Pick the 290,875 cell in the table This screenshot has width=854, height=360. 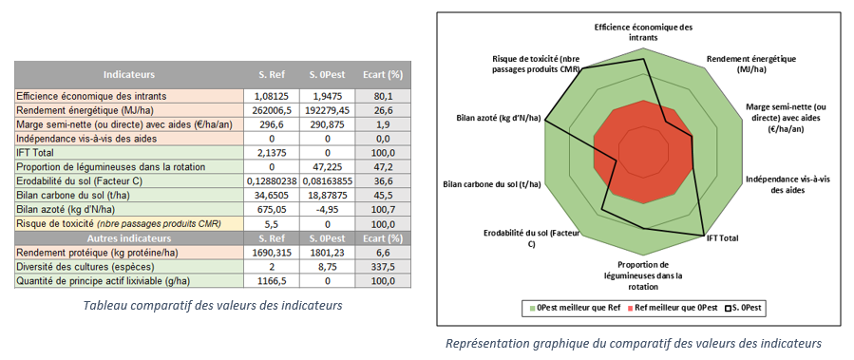click(326, 123)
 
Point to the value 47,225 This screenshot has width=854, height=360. click(326, 166)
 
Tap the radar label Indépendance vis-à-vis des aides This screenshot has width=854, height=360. click(781, 184)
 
